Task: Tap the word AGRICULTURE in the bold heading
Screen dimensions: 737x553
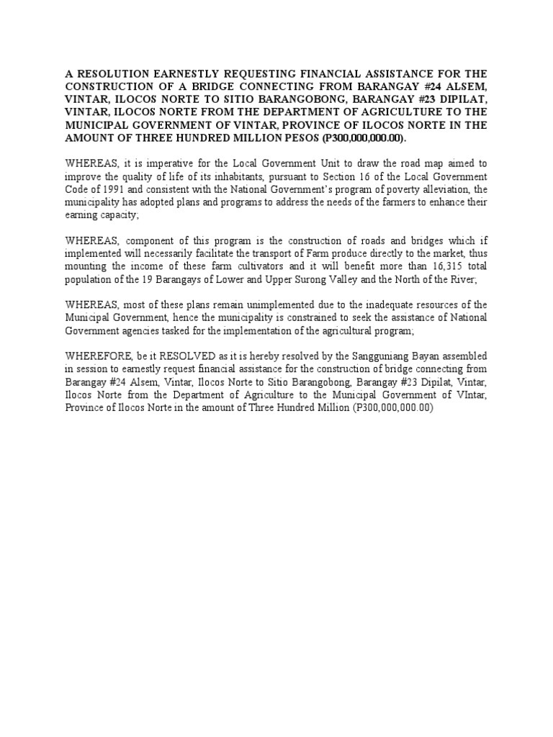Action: (x=387, y=112)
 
